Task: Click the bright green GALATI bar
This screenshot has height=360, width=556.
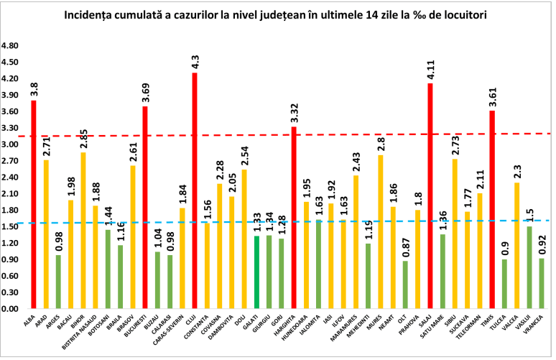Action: tap(256, 272)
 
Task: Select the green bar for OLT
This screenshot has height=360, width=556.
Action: tap(406, 285)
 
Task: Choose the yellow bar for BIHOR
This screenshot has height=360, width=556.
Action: tap(83, 230)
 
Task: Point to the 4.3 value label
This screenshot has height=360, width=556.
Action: tap(195, 61)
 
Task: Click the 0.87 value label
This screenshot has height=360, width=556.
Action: tap(406, 247)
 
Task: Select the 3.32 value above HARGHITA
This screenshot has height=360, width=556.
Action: tap(294, 113)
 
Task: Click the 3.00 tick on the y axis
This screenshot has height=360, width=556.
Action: tap(12, 145)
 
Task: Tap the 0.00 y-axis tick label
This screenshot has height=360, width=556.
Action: tap(12, 309)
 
